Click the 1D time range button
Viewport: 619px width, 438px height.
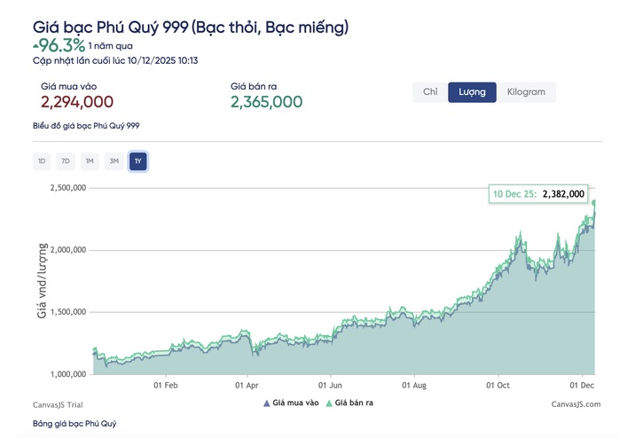(x=42, y=160)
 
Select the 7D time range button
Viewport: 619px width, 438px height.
(x=65, y=160)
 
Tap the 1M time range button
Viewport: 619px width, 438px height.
(x=89, y=160)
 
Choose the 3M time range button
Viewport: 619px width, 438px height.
(x=113, y=160)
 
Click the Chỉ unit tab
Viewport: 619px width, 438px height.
(x=430, y=92)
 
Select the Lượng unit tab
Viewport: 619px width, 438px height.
(x=472, y=92)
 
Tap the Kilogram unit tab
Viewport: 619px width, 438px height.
(x=527, y=92)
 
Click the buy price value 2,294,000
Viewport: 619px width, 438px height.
(x=78, y=102)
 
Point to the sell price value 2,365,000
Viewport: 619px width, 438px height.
(x=267, y=102)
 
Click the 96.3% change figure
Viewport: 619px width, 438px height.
(x=62, y=43)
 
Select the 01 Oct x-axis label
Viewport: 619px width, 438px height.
(x=498, y=386)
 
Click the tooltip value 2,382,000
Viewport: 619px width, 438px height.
(x=563, y=193)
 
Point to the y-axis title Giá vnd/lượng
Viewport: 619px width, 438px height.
(x=41, y=282)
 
